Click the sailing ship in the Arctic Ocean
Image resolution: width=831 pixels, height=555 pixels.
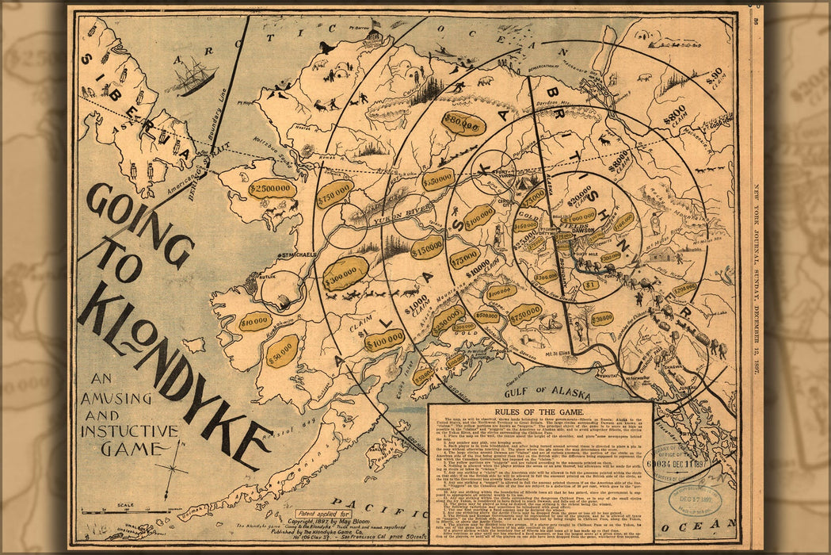click(193, 76)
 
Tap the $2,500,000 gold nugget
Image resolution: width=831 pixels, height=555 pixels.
click(272, 189)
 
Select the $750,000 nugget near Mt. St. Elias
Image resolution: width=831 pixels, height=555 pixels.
click(525, 314)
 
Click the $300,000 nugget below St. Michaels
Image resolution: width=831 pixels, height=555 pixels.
click(345, 273)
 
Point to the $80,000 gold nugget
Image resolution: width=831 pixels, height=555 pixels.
click(463, 123)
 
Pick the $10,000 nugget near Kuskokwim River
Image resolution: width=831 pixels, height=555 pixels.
click(255, 321)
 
